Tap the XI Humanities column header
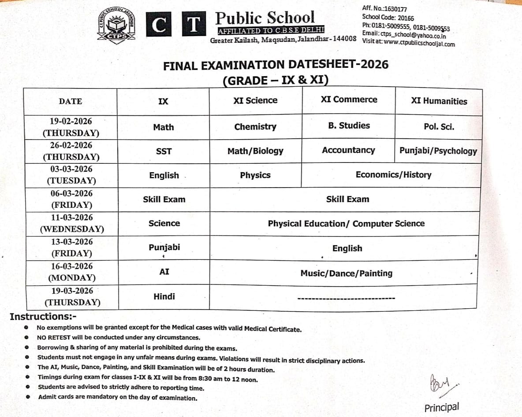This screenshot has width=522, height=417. point(439,101)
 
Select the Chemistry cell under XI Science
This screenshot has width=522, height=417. point(255,127)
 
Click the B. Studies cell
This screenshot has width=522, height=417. point(349,125)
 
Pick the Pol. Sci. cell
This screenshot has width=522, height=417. point(439,127)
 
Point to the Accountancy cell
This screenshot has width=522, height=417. point(348,150)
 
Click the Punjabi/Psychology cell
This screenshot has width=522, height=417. point(438,151)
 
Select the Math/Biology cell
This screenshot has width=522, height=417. point(255,151)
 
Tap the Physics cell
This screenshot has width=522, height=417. point(255,175)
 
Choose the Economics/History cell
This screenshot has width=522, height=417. point(393,175)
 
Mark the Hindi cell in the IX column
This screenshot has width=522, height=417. point(164,296)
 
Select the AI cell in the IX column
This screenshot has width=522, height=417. point(164,272)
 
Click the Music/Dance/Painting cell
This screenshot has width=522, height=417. point(346,273)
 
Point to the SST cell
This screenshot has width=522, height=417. point(164,151)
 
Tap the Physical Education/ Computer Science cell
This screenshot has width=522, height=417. point(346,224)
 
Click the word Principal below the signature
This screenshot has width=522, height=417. point(441,407)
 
